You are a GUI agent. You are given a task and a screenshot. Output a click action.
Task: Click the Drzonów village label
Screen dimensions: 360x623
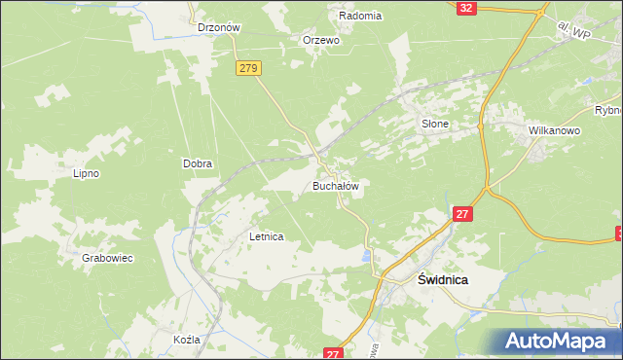[x=219, y=28]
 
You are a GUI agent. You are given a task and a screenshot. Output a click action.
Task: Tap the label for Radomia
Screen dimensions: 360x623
[x=360, y=16]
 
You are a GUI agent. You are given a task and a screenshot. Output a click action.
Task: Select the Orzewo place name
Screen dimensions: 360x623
[x=320, y=40]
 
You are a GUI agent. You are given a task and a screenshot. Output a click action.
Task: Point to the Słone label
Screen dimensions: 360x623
[x=434, y=124]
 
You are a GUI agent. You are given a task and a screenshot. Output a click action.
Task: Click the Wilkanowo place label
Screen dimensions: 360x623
[x=554, y=129]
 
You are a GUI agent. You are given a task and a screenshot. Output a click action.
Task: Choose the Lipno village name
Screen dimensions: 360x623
[x=87, y=173]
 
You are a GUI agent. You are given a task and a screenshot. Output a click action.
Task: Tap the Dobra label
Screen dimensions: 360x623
[x=198, y=164]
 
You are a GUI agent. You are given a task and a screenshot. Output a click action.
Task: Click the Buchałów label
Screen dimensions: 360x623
[x=337, y=185]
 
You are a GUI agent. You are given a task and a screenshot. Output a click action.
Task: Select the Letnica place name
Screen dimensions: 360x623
[x=266, y=236]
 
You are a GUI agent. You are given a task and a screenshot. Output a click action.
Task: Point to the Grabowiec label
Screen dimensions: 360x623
[x=107, y=258]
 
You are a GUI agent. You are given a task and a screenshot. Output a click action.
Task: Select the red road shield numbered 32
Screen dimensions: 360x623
[x=466, y=7]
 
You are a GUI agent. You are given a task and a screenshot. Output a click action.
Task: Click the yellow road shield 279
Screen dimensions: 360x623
[x=248, y=68]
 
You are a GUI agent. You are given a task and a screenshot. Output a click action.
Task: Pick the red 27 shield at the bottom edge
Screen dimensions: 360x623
[x=334, y=354]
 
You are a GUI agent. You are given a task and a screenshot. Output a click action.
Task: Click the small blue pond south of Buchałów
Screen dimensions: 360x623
[x=367, y=257]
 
